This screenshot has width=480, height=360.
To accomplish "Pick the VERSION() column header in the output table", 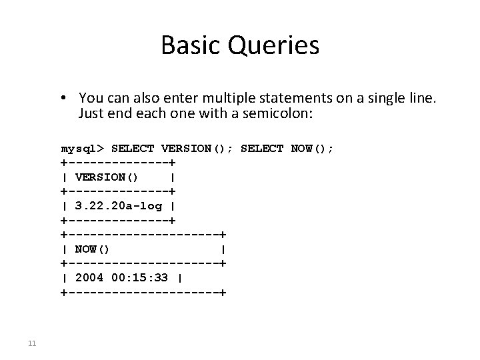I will (x=107, y=177).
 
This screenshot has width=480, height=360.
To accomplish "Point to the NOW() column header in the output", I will (x=93, y=249).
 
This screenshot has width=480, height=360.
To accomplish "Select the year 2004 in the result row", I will (x=89, y=277).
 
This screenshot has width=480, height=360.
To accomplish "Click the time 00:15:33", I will (x=140, y=277).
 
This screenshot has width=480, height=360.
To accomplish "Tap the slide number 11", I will (x=31, y=344).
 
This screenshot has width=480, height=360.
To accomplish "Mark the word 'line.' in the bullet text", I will (x=423, y=99).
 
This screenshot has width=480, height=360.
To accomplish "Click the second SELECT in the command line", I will (x=262, y=148).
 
